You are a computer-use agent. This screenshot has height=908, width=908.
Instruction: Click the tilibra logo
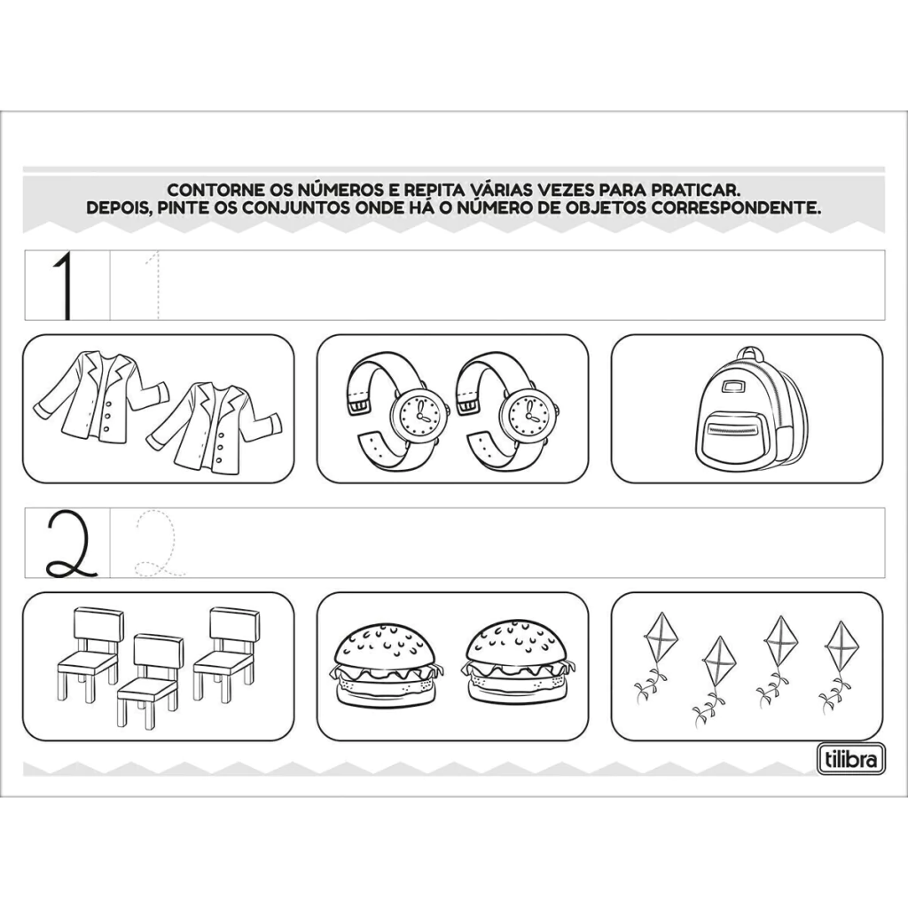pos(851,758)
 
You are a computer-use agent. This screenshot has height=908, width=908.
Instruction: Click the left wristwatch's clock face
pos(416,412)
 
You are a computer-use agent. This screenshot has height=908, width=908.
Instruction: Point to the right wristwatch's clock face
pos(524,412)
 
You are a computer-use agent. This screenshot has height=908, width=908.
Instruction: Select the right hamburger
pos(518,661)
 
